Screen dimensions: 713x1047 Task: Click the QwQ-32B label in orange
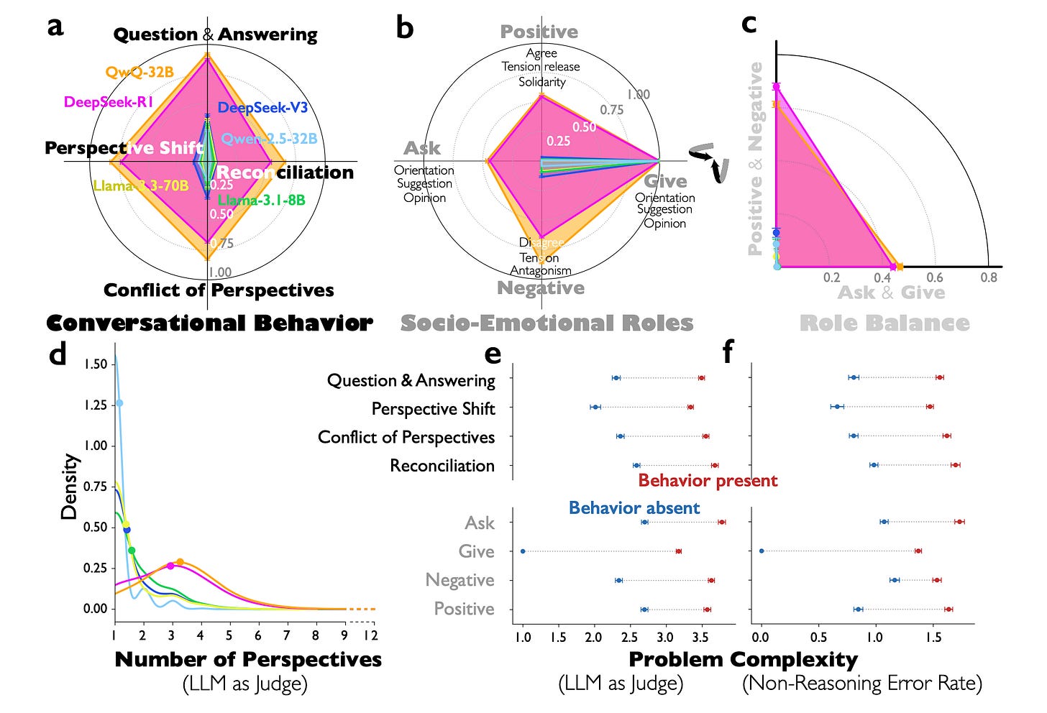pos(140,72)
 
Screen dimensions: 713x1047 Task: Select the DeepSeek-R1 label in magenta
pos(109,102)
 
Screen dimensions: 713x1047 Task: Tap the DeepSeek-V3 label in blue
pos(262,108)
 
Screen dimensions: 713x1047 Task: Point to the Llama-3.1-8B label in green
pos(261,200)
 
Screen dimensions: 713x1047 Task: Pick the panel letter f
pos(728,353)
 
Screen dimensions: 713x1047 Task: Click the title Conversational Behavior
pos(209,323)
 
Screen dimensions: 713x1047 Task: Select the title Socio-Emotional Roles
pos(547,323)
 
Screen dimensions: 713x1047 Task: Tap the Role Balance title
pos(884,323)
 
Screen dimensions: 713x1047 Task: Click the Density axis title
pos(69,486)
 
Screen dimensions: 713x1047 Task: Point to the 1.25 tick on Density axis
pos(95,405)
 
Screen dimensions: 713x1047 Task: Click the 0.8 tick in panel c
pos(989,277)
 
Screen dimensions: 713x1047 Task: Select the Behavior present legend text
pos(708,480)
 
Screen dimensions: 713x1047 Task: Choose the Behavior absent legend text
pos(634,508)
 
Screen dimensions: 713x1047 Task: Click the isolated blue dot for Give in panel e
pos(523,551)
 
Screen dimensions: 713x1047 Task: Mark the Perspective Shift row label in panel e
pos(433,409)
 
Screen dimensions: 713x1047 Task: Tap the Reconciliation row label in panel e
pos(442,466)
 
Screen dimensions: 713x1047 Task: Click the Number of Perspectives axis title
pos(248,659)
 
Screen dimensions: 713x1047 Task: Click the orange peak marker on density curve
pos(180,562)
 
